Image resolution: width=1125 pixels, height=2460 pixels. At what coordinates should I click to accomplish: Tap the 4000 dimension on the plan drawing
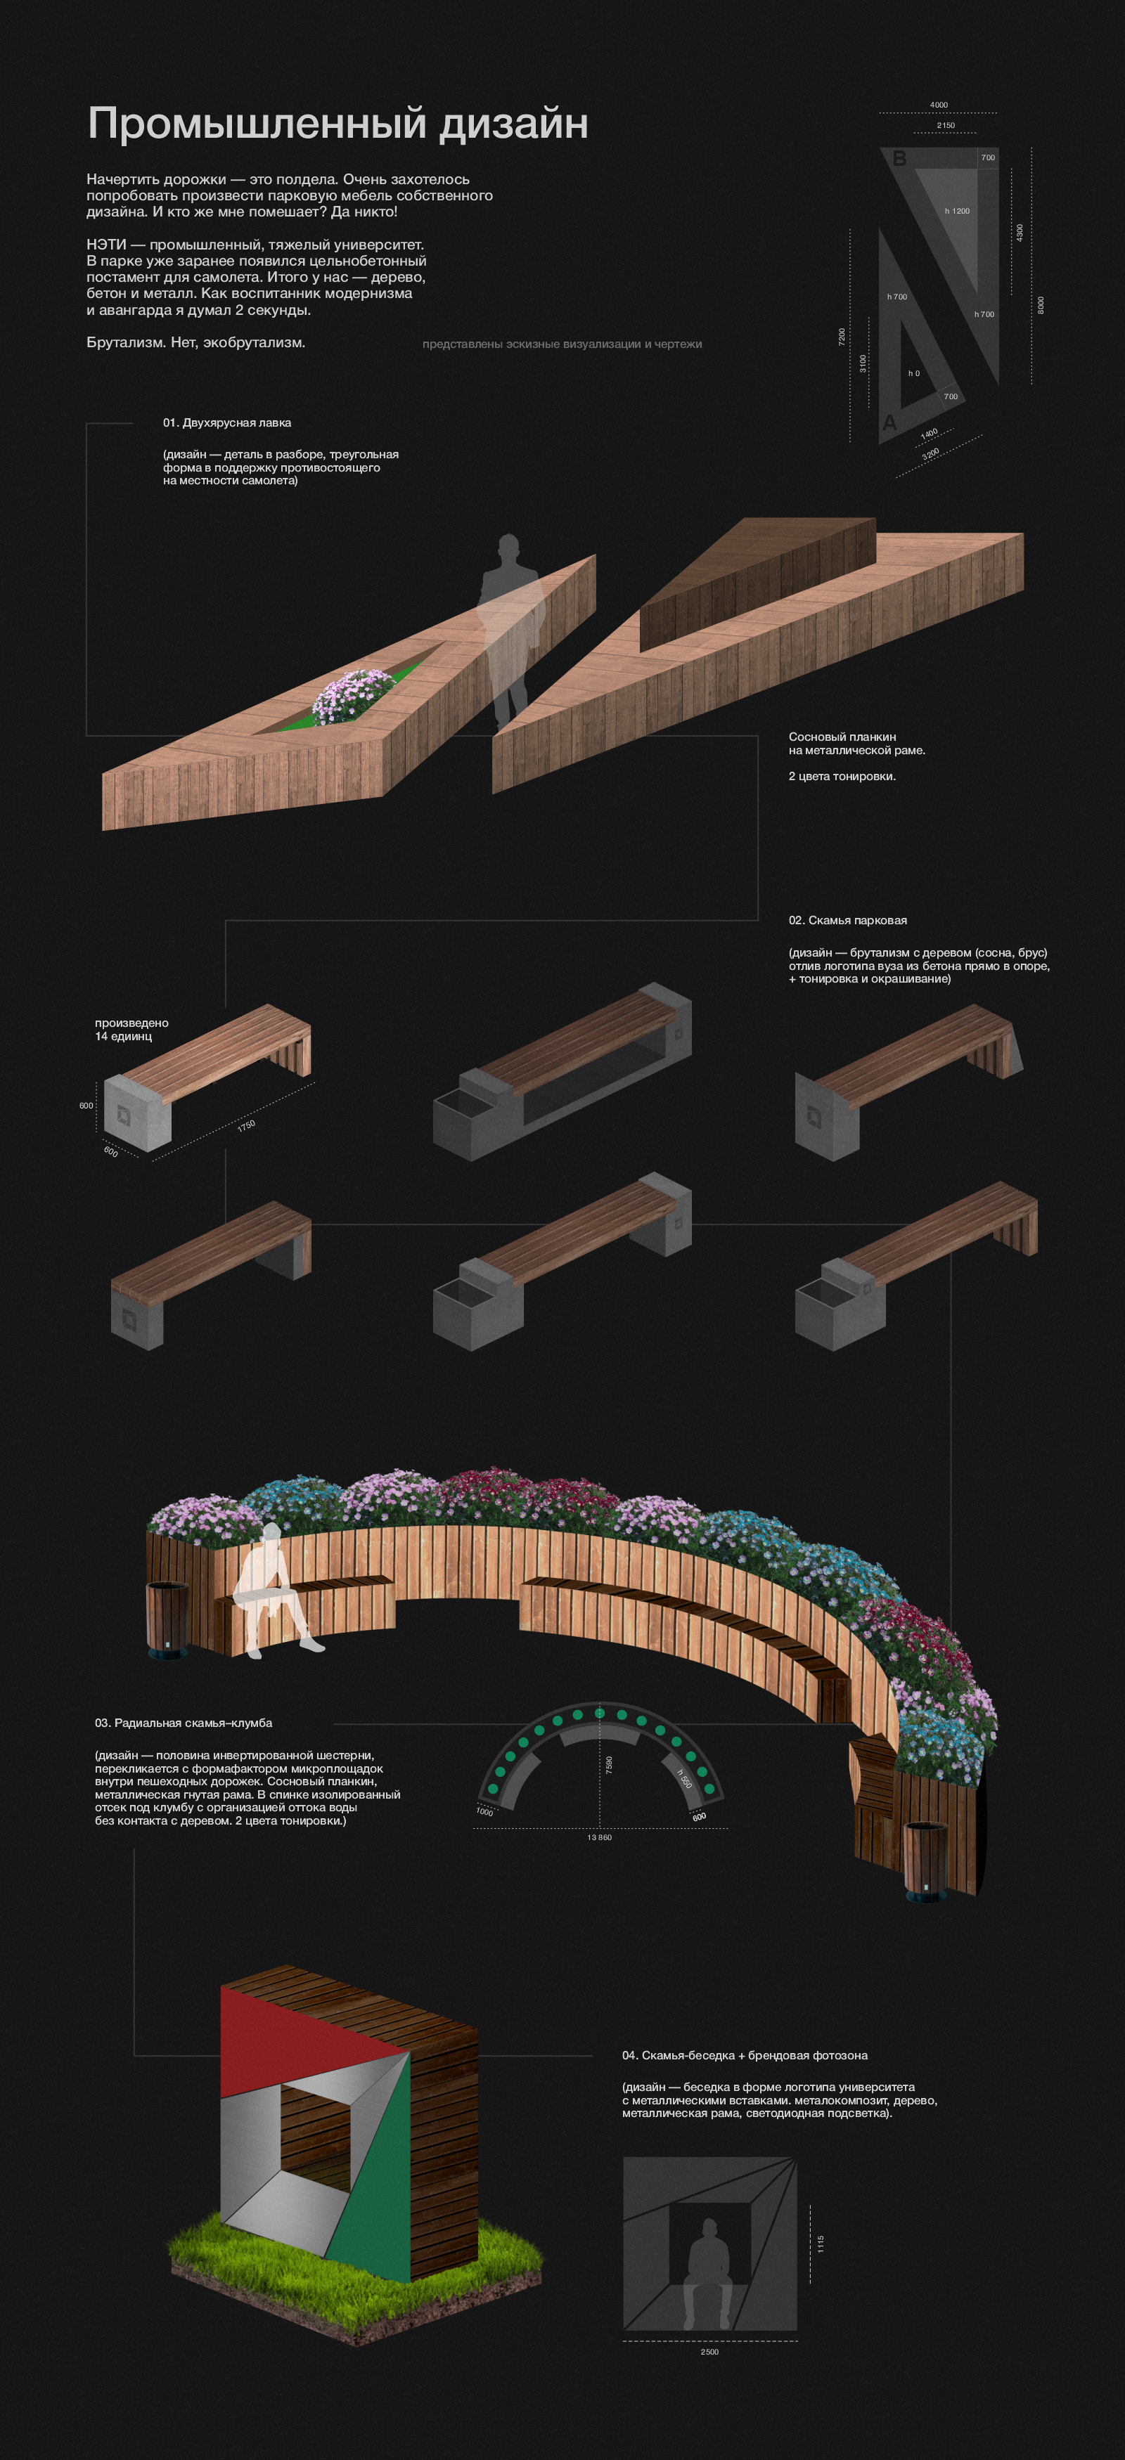939,105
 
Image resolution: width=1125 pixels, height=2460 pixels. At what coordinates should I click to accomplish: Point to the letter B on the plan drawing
899,159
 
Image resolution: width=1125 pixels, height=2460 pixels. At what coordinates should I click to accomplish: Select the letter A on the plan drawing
890,422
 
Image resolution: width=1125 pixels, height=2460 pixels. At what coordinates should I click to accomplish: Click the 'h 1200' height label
957,211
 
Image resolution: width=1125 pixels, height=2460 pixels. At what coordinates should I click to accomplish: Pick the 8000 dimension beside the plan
1041,304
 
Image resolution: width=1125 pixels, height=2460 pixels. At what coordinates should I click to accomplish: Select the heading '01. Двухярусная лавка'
227,423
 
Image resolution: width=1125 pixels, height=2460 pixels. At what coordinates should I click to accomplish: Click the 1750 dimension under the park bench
246,1126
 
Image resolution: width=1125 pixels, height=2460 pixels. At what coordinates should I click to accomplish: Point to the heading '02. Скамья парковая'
848,921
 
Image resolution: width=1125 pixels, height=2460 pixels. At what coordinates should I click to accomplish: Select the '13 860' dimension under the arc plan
600,1837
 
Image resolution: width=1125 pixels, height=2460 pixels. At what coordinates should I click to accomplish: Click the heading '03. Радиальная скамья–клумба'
184,1723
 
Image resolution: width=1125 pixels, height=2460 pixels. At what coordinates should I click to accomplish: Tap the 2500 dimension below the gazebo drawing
709,2351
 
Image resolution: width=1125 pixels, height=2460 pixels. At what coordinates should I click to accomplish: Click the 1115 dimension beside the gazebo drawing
821,2244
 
